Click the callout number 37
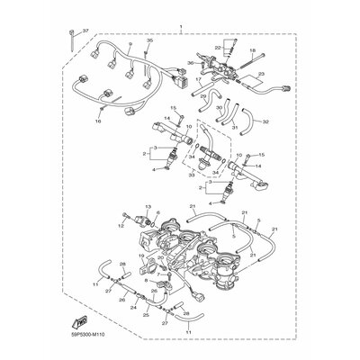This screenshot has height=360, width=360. point(85,30)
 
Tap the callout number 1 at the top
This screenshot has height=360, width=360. point(180,28)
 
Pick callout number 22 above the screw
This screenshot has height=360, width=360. point(218,47)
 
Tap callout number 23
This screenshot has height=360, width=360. point(264,75)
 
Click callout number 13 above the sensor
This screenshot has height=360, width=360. point(148,206)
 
